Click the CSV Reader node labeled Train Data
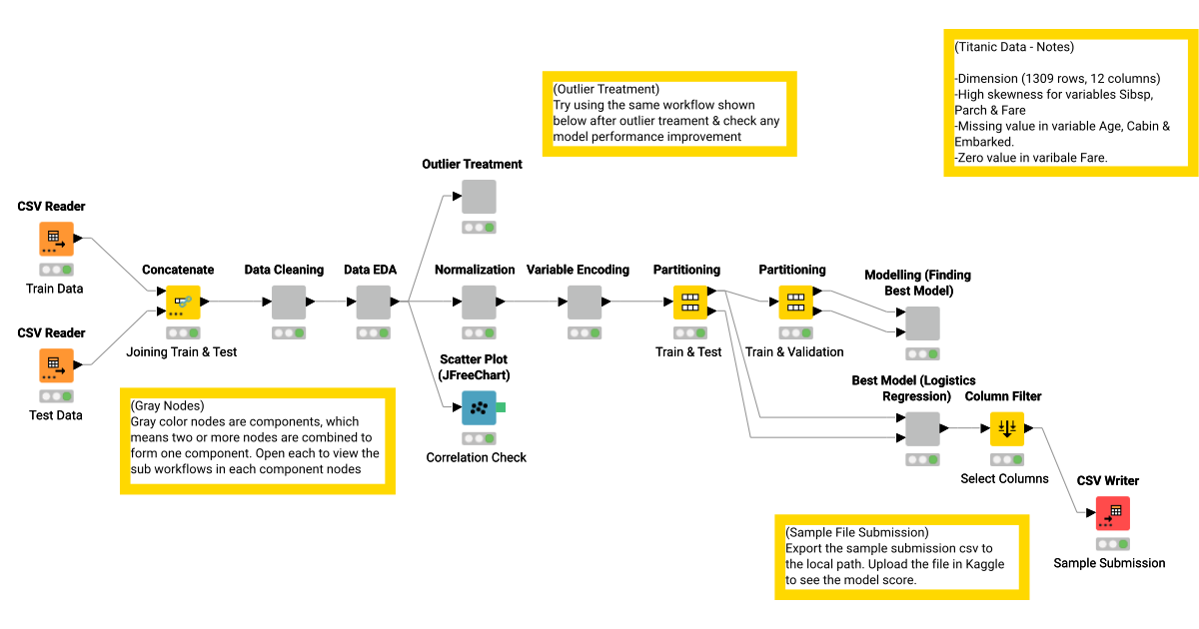[56, 240]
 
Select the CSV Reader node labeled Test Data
[56, 365]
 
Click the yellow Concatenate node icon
[183, 302]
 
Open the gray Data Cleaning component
[289, 302]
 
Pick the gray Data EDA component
[374, 302]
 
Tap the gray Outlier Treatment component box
[478, 197]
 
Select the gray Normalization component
[478, 302]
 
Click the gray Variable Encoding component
[584, 302]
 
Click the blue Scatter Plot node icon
[478, 407]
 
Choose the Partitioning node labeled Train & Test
[689, 302]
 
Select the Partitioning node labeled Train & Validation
[795, 302]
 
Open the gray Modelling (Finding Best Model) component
[922, 322]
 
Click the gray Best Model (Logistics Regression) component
[922, 428]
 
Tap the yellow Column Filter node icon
[1006, 428]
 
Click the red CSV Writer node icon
[1112, 513]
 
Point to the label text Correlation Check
[476, 457]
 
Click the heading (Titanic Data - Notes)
[1014, 47]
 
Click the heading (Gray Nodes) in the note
[167, 406]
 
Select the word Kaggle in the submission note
[982, 564]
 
